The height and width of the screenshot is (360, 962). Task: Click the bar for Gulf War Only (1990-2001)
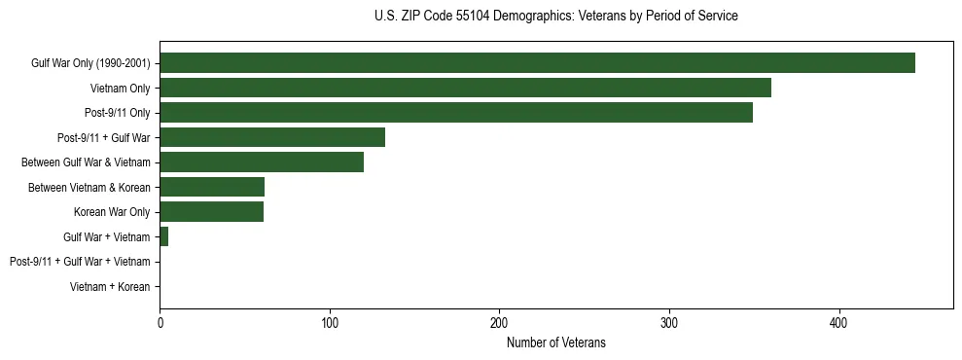[537, 63]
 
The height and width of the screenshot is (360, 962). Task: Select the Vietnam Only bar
[465, 88]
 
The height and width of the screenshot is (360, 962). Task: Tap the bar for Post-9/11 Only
[456, 113]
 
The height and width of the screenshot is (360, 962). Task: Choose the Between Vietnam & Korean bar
[212, 187]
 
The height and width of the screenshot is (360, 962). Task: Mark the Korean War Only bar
[211, 212]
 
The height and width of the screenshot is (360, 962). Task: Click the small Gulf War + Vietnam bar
[164, 236]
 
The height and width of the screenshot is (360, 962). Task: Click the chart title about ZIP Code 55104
[555, 17]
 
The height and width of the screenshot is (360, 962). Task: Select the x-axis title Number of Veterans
[555, 342]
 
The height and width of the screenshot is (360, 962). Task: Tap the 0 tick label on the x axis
[160, 322]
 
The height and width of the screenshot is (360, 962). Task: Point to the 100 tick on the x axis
[330, 322]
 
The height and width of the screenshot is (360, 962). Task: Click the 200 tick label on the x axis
[500, 322]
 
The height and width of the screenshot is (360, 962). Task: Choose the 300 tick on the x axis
[669, 322]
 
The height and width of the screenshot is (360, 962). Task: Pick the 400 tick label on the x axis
[839, 322]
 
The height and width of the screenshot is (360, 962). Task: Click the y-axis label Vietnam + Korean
[110, 287]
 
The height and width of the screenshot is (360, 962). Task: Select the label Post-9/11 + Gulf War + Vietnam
[80, 262]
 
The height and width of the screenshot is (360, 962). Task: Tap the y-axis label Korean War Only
[112, 212]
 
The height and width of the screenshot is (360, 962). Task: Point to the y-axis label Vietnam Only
[120, 89]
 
